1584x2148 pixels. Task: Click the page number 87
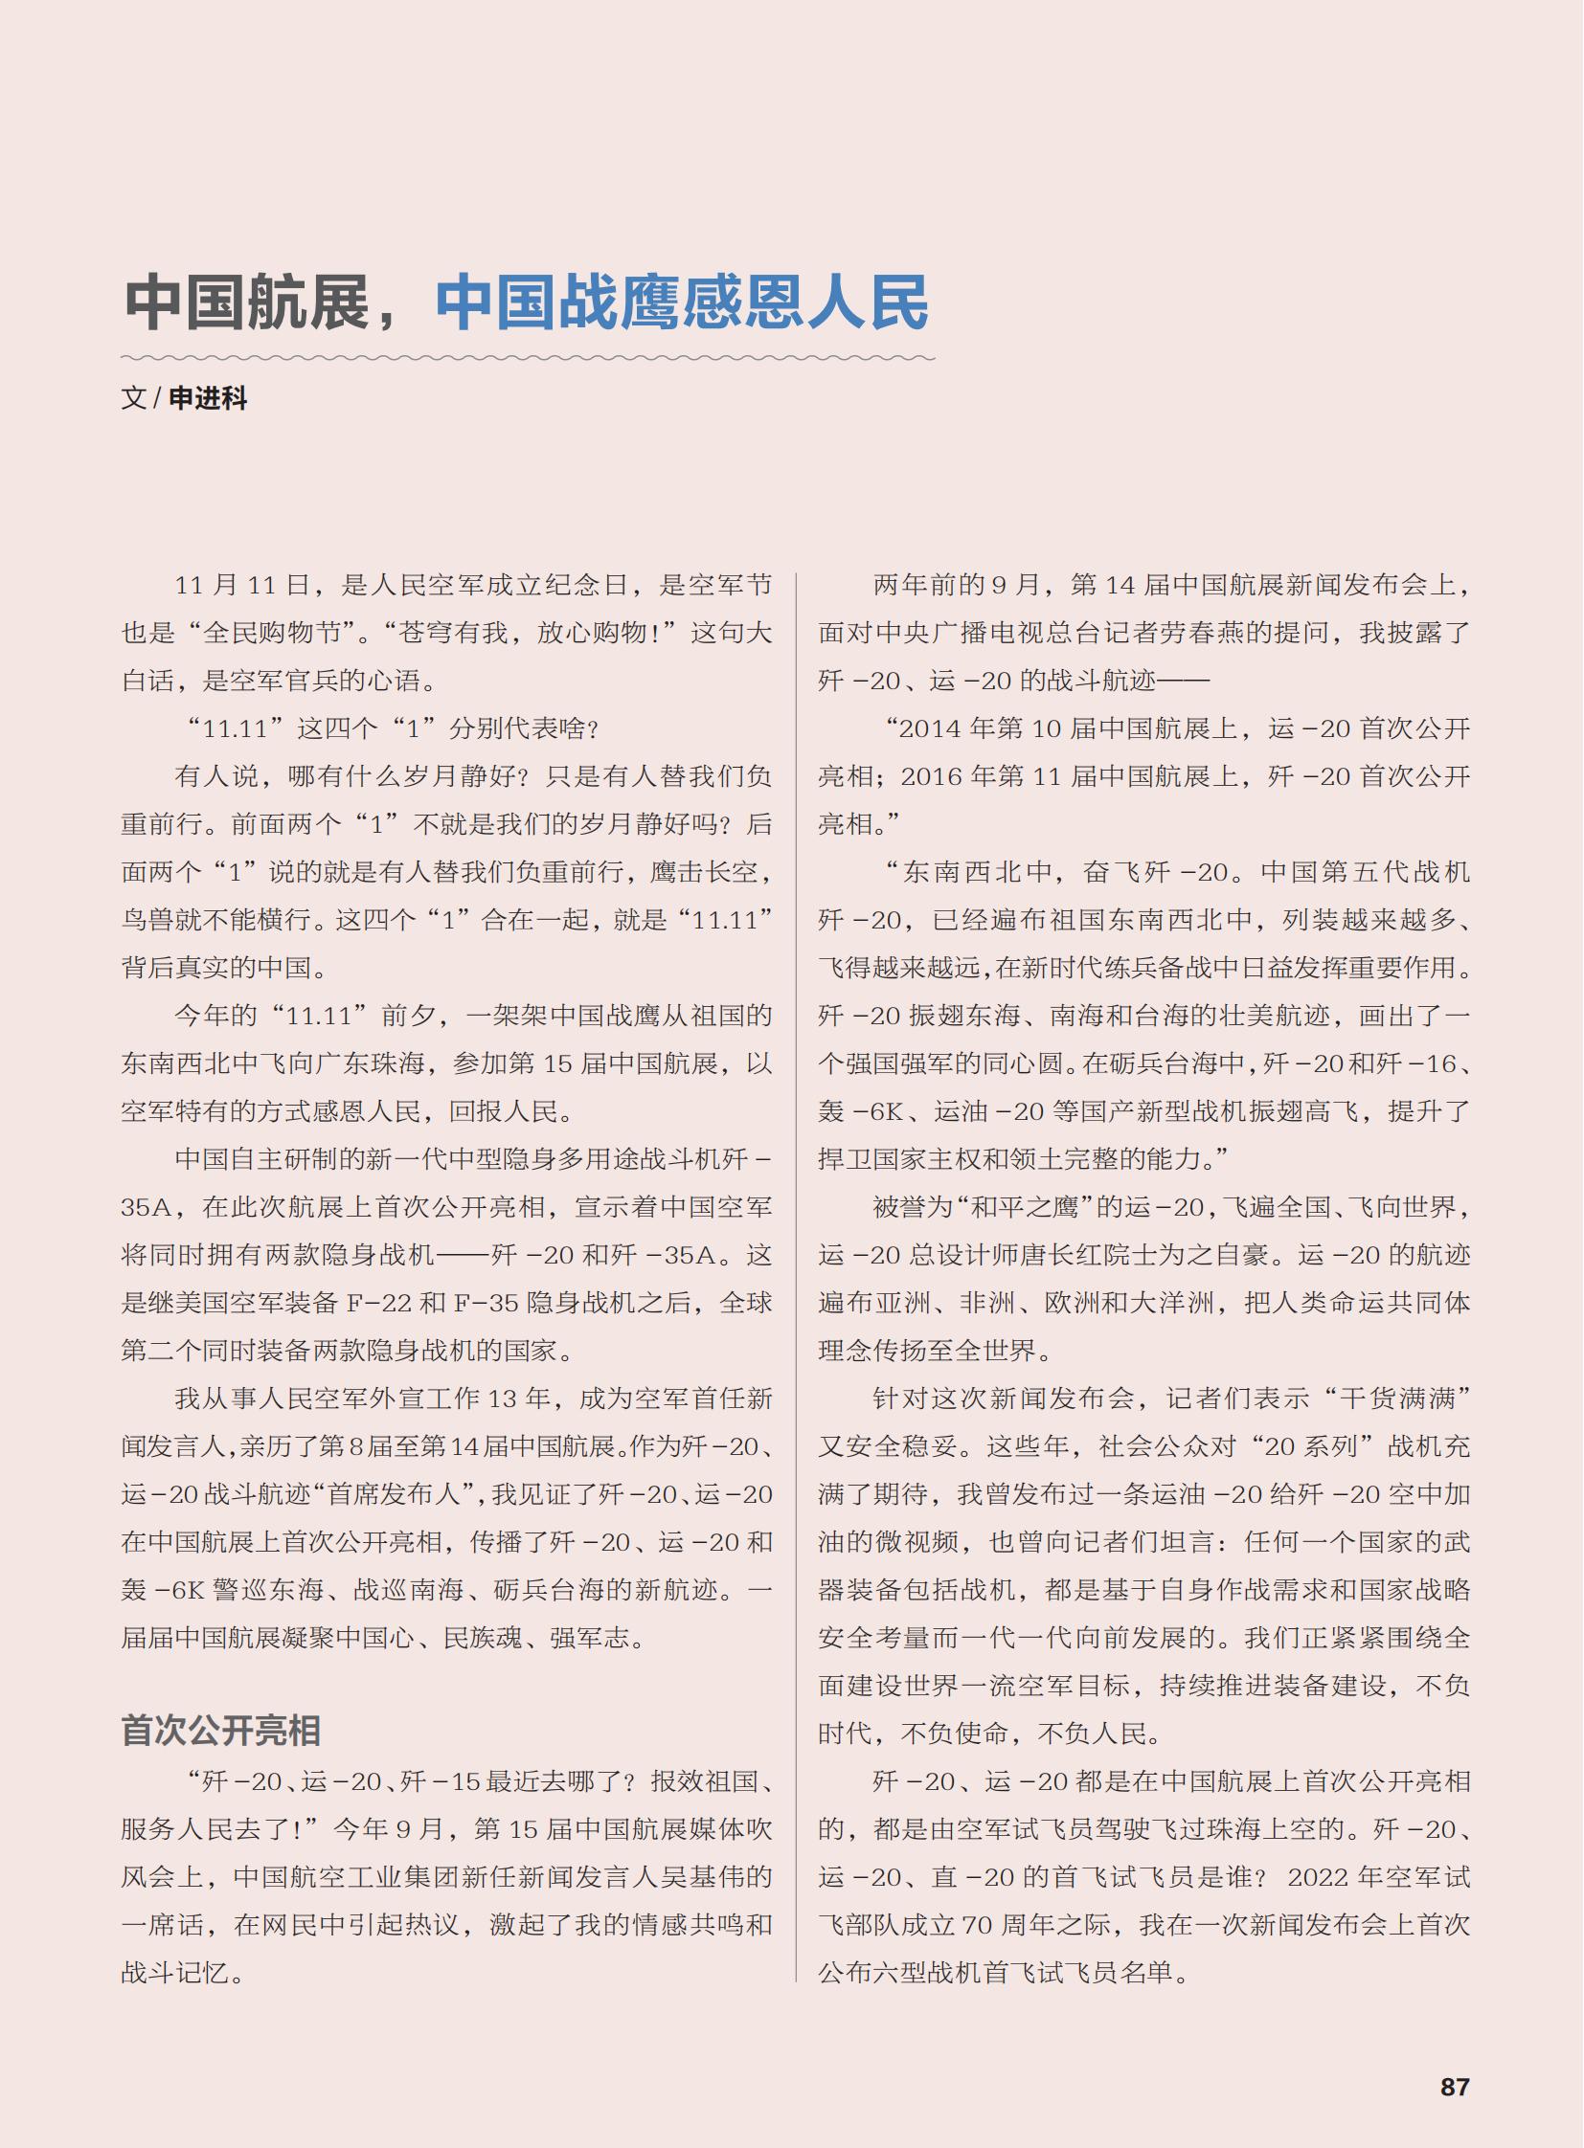1454,2087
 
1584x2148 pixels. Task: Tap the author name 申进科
208,399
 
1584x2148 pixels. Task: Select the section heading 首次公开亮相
220,1730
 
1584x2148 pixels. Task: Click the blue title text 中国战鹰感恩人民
682,302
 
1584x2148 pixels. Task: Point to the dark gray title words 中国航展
247,302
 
